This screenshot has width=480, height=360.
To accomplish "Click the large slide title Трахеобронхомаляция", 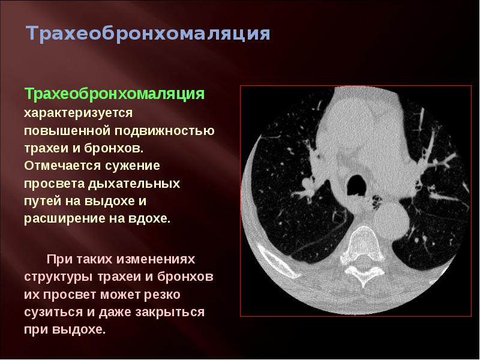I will pyautogui.click(x=148, y=34).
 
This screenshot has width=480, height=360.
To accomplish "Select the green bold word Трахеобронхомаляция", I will pyautogui.click(x=115, y=95).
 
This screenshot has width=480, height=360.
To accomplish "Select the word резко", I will pyautogui.click(x=163, y=295).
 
